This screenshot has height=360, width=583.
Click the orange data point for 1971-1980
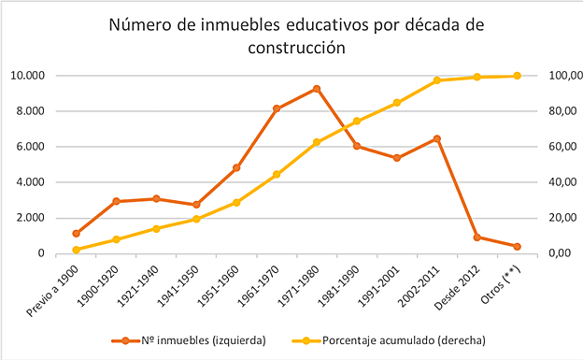pyautogui.click(x=317, y=89)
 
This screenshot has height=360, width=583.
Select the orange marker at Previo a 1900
pyautogui.click(x=77, y=233)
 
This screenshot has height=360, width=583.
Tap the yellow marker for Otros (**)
pyautogui.click(x=517, y=76)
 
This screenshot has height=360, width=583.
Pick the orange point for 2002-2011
pyautogui.click(x=436, y=138)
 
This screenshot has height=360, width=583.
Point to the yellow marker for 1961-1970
pyautogui.click(x=277, y=175)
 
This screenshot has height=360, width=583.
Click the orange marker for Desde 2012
pyautogui.click(x=476, y=238)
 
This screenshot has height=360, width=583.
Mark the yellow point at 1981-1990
pyautogui.click(x=357, y=121)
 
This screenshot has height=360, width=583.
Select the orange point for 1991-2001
pyautogui.click(x=397, y=158)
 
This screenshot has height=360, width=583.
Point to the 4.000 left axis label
pyautogui.click(x=29, y=182)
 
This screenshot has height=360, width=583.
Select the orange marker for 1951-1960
pyautogui.click(x=236, y=167)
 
